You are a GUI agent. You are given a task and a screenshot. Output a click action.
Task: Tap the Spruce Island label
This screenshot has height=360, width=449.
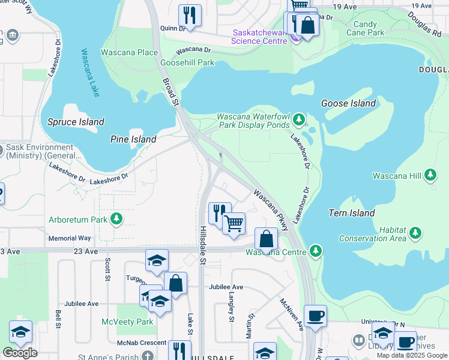pyautogui.click(x=76, y=122)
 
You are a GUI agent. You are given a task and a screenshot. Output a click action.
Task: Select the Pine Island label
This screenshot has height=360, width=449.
pyautogui.click(x=133, y=139)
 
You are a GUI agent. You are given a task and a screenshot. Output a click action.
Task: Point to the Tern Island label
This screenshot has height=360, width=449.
pyautogui.click(x=352, y=213)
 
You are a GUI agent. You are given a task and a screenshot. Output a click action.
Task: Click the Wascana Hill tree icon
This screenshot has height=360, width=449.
pyautogui.click(x=430, y=175)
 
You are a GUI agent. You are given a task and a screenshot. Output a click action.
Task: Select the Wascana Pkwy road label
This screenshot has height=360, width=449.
pyautogui.click(x=272, y=209)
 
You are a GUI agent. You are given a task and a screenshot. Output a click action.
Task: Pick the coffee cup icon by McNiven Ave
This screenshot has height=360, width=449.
pyautogui.click(x=315, y=316)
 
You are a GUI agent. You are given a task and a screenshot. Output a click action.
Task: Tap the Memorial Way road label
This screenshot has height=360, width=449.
pyautogui.click(x=70, y=238)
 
